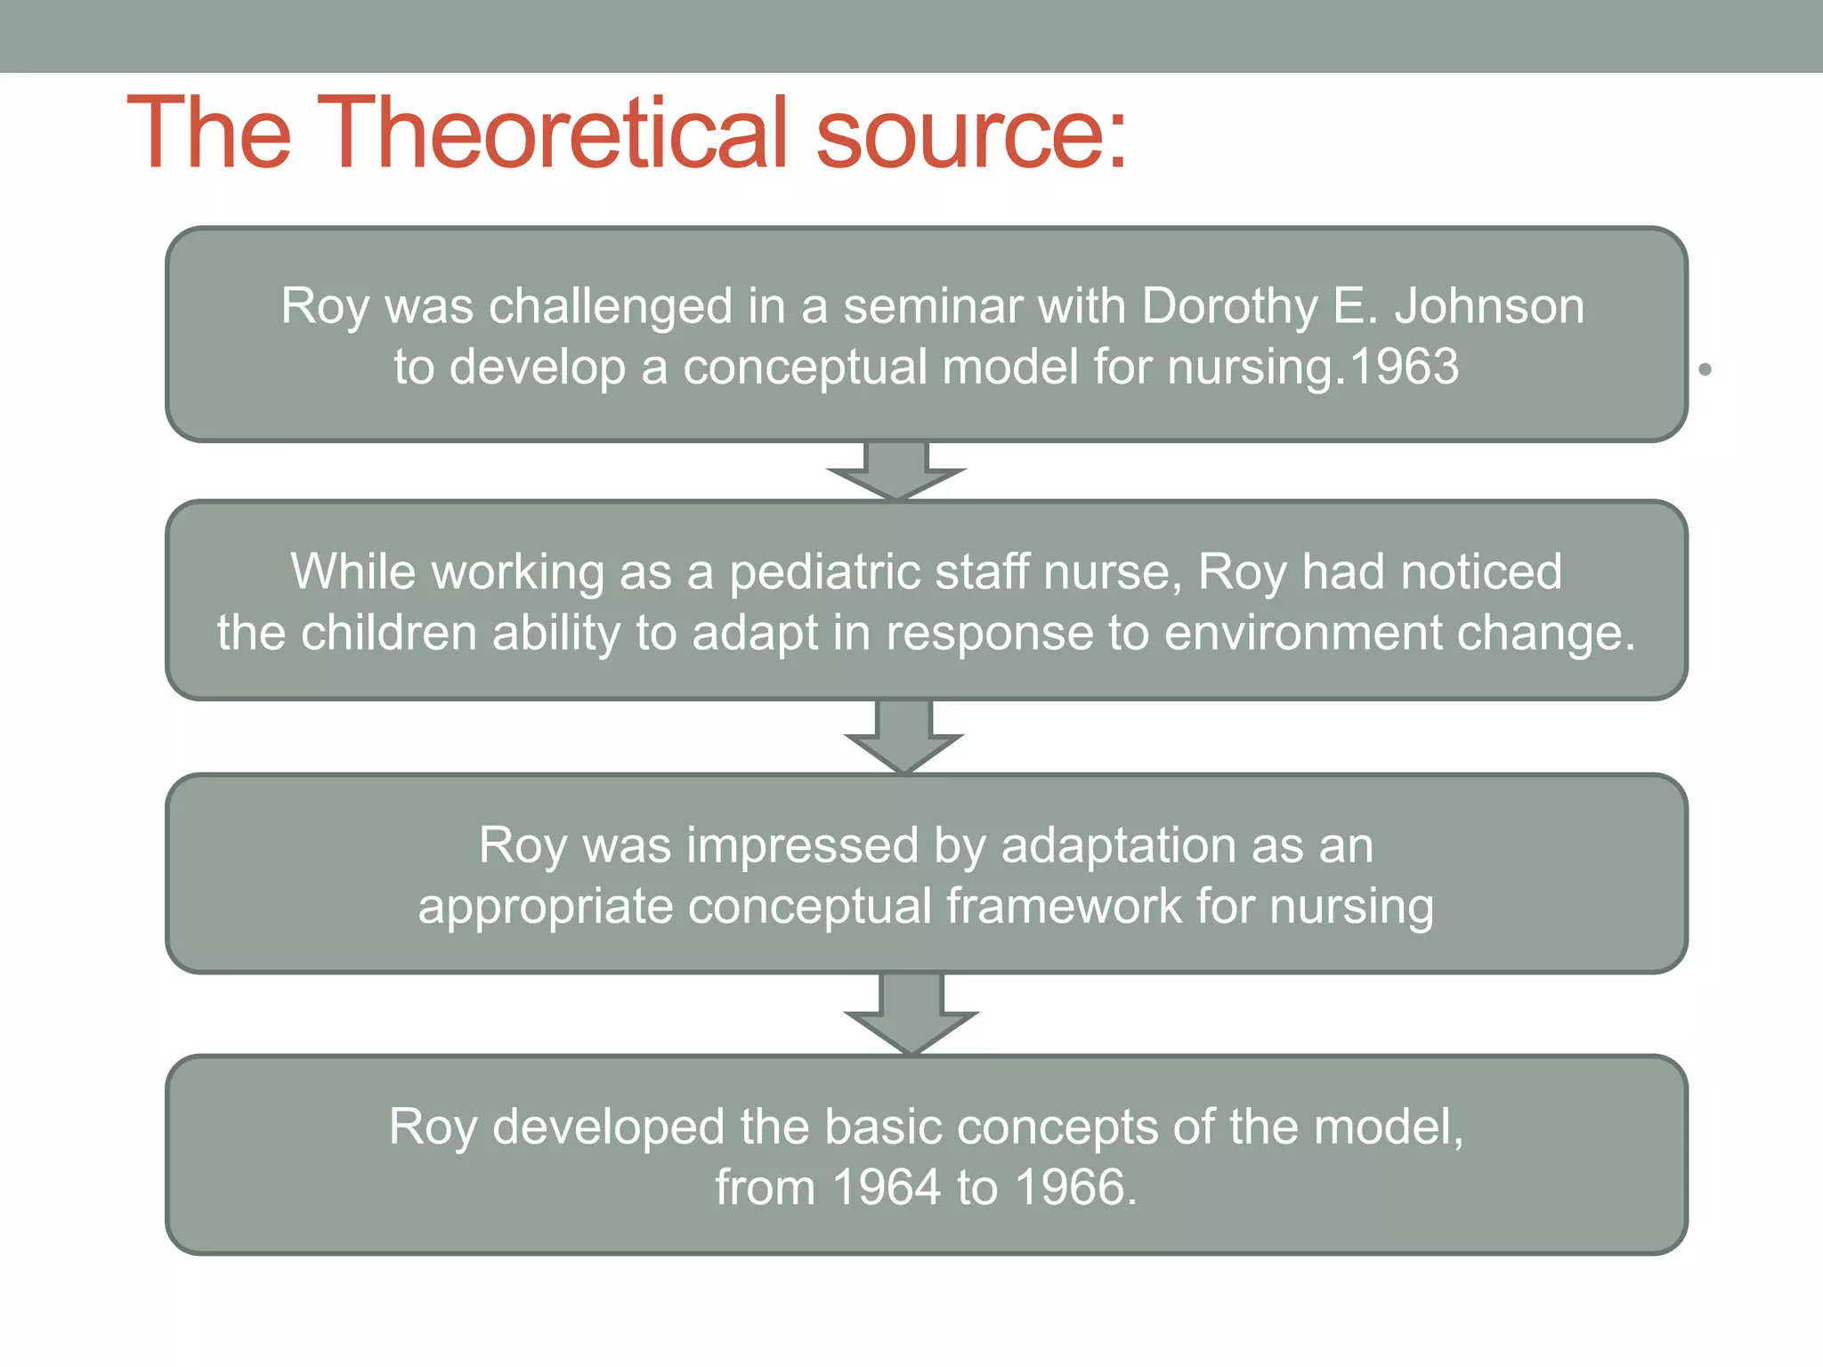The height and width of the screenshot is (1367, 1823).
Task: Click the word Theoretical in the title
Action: click(552, 133)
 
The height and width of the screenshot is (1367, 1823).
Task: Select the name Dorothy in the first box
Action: click(1229, 307)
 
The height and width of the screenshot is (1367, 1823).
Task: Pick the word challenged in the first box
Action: click(610, 307)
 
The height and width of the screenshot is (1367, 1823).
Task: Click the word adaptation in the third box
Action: click(1118, 845)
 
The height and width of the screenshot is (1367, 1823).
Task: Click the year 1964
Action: click(887, 1187)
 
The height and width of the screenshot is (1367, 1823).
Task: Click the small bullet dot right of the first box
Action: click(1705, 368)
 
